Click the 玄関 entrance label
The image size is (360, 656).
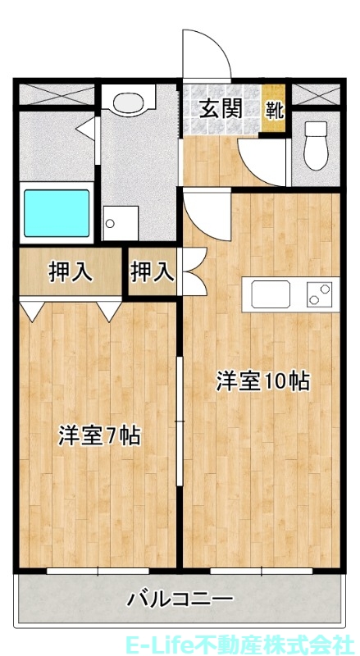click(x=221, y=108)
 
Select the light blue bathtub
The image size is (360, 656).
click(x=56, y=214)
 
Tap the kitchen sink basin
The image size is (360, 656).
click(x=271, y=294)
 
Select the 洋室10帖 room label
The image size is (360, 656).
click(x=262, y=380)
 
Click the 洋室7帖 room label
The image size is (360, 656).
click(x=98, y=435)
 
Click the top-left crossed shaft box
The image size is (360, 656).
click(x=57, y=94)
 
